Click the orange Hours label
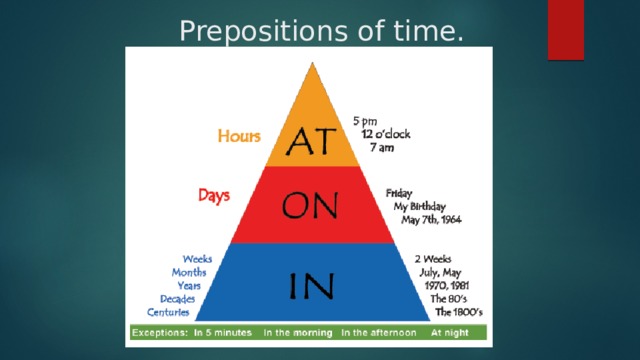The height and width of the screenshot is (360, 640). click(241, 134)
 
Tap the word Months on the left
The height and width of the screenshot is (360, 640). click(189, 271)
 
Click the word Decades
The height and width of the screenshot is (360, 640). click(177, 298)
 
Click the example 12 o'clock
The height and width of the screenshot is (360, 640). click(385, 134)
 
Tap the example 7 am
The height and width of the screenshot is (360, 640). click(380, 148)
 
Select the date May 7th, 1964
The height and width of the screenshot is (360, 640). click(432, 219)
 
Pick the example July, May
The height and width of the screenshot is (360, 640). click(440, 271)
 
